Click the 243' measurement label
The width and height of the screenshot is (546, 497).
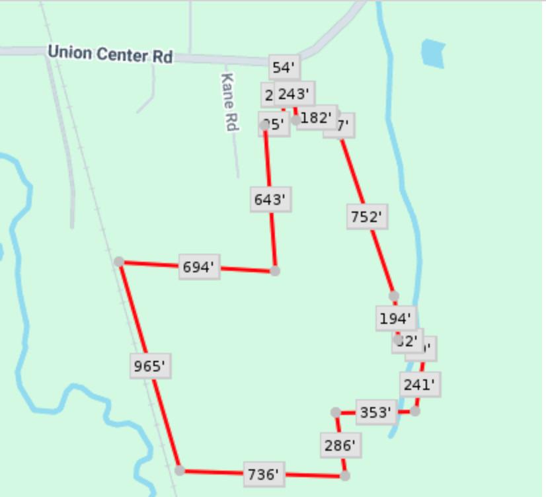click(x=294, y=93)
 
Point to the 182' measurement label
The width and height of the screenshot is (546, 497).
click(x=316, y=118)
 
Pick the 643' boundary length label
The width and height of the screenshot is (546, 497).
click(x=270, y=200)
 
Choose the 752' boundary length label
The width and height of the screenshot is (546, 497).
click(x=367, y=217)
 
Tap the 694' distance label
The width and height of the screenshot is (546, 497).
click(x=199, y=267)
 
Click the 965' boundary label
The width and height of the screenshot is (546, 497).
click(x=150, y=365)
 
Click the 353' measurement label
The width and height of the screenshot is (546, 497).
click(x=376, y=413)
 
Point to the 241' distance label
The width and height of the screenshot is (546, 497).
click(x=420, y=384)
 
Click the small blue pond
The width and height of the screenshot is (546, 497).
click(x=434, y=53)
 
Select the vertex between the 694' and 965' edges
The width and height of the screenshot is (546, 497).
click(x=119, y=262)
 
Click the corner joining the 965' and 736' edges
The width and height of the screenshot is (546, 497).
click(x=180, y=471)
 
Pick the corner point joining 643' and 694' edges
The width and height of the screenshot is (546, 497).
click(x=275, y=271)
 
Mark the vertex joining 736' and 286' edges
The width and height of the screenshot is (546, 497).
click(x=344, y=475)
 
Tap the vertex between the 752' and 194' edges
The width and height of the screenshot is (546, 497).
click(x=394, y=296)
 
